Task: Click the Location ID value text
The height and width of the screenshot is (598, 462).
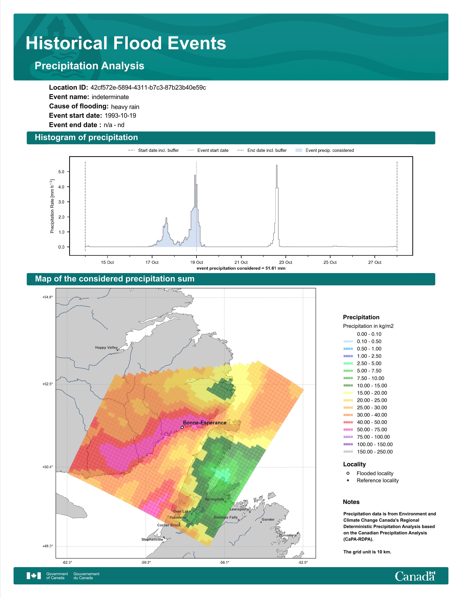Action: pos(148,88)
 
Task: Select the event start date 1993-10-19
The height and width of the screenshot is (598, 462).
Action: pos(120,116)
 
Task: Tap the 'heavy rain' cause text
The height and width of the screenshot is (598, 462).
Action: pos(125,107)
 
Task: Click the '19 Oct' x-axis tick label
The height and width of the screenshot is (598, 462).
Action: pos(197,262)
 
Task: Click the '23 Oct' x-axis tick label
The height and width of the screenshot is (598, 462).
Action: pos(286,262)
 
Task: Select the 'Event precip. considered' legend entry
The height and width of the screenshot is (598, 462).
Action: pos(325,150)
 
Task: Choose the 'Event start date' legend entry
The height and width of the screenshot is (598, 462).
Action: pos(208,150)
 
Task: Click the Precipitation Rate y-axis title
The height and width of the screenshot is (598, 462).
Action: pos(52,206)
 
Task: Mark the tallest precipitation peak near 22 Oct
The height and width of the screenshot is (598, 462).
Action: pos(277,165)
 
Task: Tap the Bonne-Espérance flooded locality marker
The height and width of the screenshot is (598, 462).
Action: pos(182,427)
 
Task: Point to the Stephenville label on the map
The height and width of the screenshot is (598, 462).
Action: pos(152,539)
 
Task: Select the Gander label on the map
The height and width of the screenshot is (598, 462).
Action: pos(268,519)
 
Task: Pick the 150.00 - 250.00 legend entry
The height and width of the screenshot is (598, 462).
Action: pos(368,452)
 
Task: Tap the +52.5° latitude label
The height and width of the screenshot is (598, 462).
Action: pos(48,384)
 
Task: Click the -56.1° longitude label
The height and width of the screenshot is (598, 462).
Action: pos(224,562)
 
